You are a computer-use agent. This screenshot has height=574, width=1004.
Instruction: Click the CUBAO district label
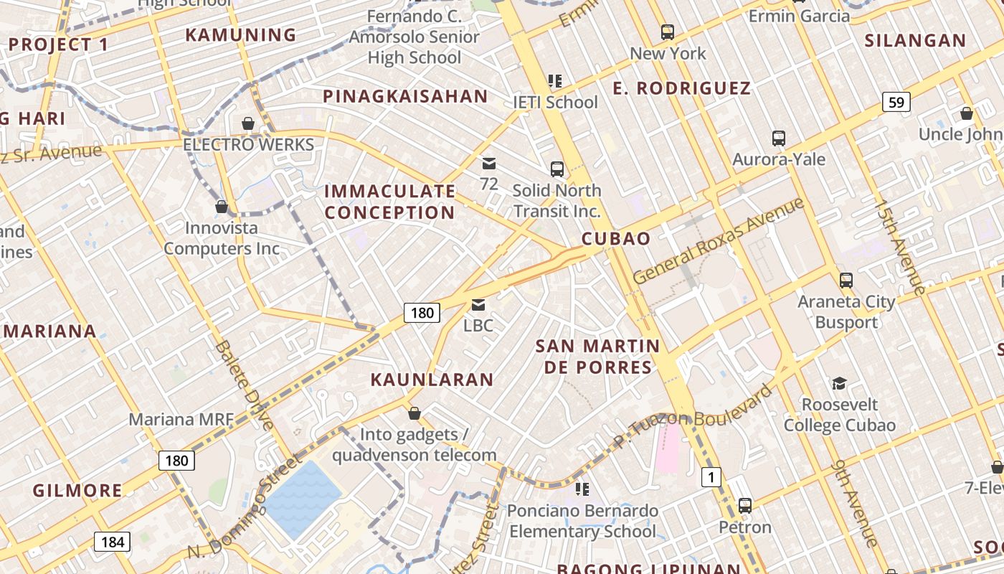point(616,239)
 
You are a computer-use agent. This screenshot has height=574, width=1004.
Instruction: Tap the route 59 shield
point(896,103)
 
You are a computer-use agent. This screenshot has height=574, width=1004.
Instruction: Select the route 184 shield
point(113,542)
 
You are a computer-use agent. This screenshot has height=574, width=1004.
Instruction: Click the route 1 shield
point(711,476)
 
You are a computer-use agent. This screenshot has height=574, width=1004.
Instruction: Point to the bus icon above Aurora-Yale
point(779,138)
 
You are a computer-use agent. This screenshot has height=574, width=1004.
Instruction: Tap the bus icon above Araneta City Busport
point(846,280)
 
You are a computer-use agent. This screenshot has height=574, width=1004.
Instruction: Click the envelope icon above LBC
point(478,305)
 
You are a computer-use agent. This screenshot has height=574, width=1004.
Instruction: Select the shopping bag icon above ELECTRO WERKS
point(248,123)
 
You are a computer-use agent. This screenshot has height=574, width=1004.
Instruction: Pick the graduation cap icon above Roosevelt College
point(839,384)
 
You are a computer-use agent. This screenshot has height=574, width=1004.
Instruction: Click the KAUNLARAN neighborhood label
point(432,380)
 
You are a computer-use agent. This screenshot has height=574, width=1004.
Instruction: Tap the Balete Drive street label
point(244,386)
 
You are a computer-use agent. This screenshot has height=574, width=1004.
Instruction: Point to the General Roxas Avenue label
point(719,241)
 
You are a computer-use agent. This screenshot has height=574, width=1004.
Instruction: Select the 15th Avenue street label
point(899,247)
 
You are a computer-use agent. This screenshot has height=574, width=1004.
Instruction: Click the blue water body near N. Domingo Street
point(302,499)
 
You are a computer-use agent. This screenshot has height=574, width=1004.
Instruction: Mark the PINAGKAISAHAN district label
point(405,96)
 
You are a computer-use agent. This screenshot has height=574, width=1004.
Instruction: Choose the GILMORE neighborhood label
point(77,491)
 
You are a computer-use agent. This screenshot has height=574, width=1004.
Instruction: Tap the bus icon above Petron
point(745,506)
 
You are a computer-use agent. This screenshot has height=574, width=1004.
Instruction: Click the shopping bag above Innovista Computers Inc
point(222,207)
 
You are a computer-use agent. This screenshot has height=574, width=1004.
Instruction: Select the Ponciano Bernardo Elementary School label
point(582,522)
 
